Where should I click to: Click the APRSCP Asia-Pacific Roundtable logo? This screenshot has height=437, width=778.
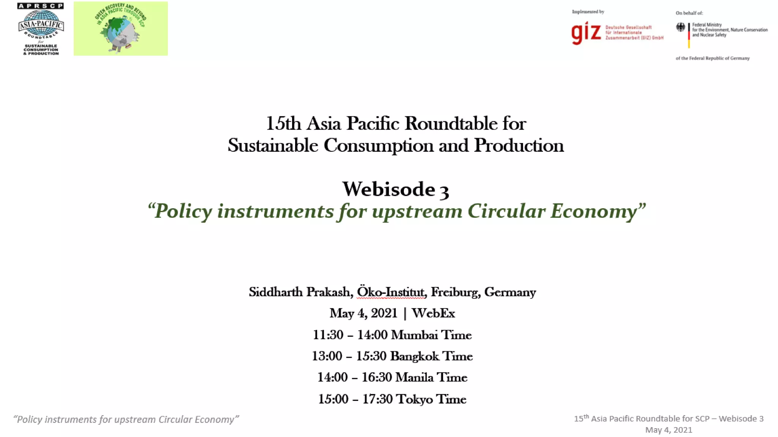click(x=41, y=29)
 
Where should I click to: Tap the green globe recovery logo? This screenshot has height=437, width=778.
click(x=120, y=29)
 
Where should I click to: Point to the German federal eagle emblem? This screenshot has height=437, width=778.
click(x=680, y=27)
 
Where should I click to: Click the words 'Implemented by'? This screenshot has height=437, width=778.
click(x=588, y=12)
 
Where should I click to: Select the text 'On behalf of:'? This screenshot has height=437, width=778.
click(x=689, y=13)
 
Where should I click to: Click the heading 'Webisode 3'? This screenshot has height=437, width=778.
click(x=395, y=189)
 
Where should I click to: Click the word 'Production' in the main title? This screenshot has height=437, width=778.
click(x=519, y=146)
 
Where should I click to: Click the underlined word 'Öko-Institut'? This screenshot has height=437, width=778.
click(x=391, y=292)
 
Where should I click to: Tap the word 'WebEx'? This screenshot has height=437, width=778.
click(x=433, y=313)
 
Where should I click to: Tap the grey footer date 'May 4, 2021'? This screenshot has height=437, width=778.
click(x=669, y=430)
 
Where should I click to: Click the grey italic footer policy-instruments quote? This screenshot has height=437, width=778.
click(x=126, y=420)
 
